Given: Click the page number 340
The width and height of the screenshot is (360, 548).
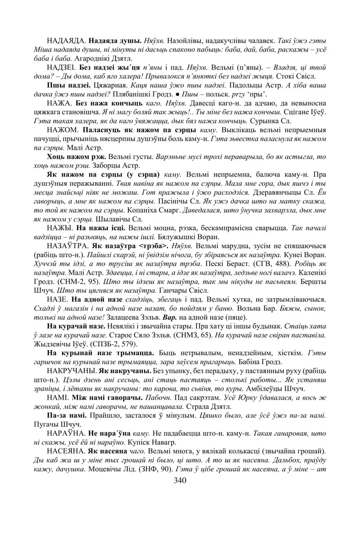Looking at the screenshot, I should click(x=180, y=481).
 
